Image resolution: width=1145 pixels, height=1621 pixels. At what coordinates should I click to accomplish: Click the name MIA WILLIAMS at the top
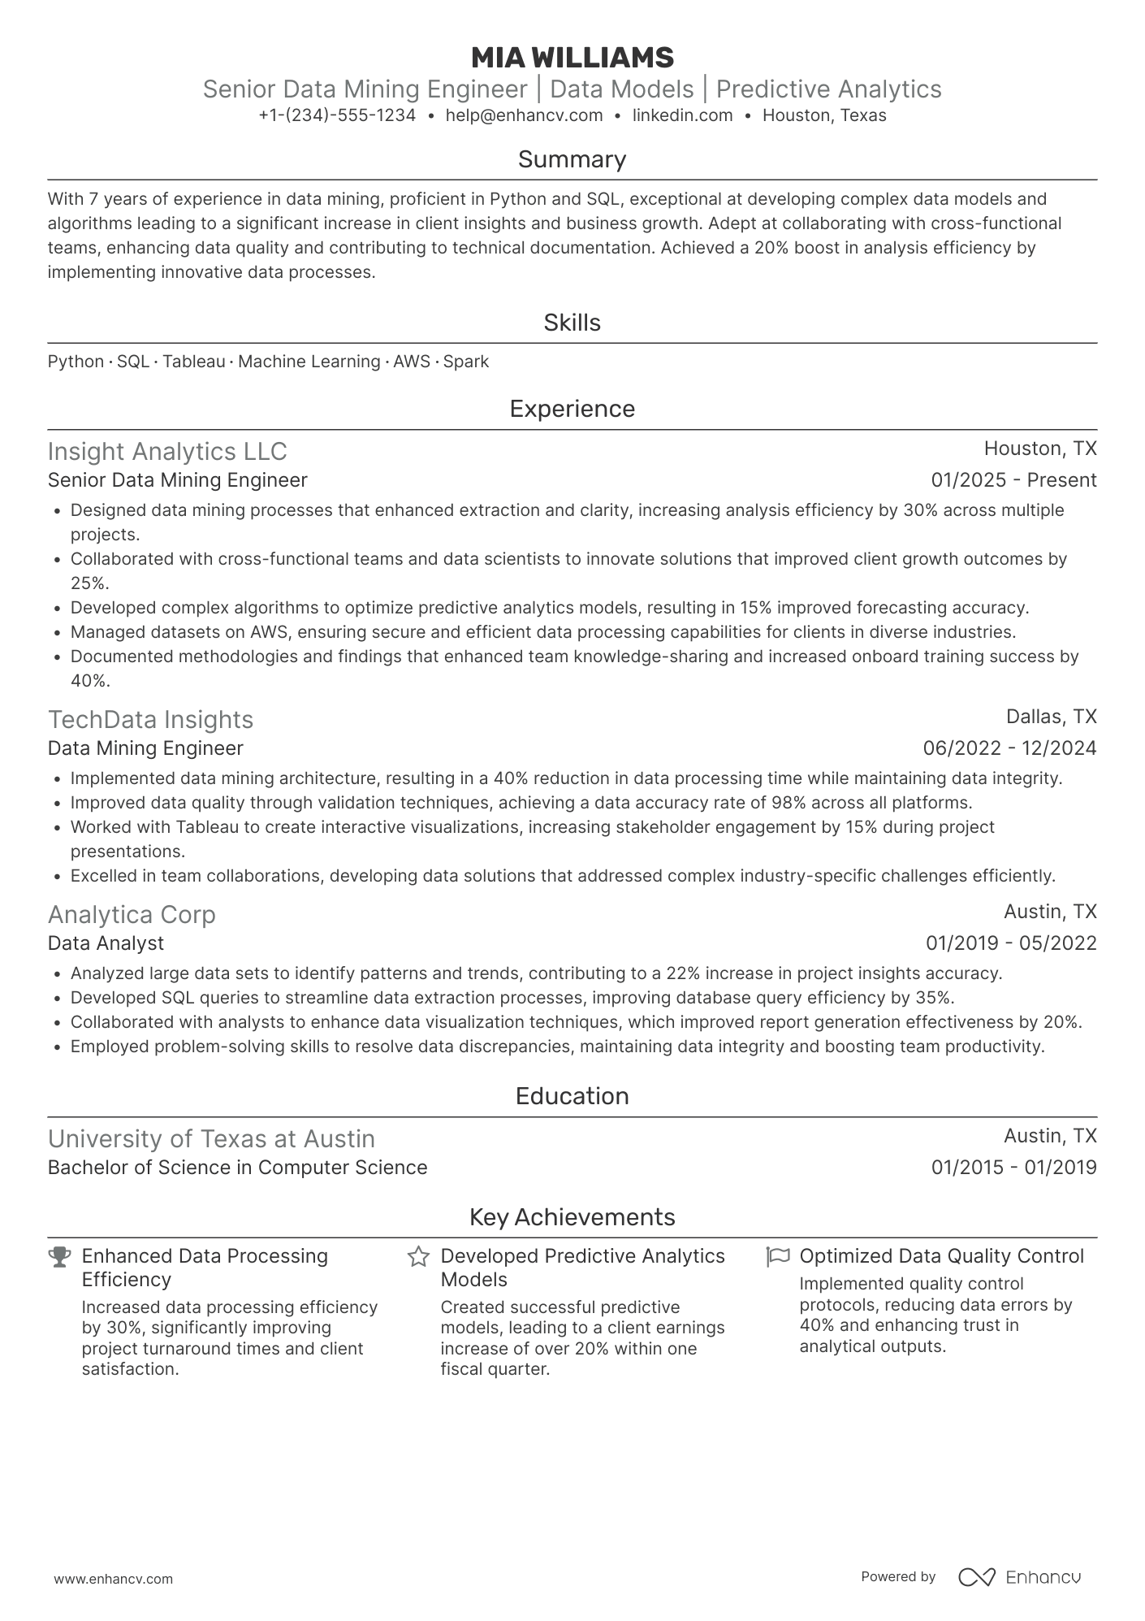tap(572, 58)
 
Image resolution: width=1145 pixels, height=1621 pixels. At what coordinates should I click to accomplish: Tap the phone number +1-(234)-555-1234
tap(337, 115)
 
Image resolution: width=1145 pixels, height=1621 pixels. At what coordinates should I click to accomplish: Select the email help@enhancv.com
tap(524, 115)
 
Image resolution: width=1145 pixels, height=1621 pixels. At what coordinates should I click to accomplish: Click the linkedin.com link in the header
tap(682, 115)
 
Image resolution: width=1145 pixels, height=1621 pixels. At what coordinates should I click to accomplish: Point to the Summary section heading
tap(572, 159)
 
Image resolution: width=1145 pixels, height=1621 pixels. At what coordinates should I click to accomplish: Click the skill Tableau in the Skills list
tap(193, 362)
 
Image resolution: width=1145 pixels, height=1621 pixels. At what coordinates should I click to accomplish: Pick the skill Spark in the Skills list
tap(466, 362)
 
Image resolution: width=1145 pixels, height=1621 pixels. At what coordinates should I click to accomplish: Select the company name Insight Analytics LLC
tap(167, 452)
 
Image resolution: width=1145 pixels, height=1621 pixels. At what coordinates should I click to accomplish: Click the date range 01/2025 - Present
tap(1013, 480)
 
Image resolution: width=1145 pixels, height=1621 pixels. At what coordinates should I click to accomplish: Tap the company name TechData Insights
tap(150, 720)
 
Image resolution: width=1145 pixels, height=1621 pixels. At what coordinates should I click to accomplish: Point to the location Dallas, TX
tap(1051, 717)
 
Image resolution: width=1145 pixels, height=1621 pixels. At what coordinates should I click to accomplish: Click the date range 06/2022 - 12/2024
tap(1009, 748)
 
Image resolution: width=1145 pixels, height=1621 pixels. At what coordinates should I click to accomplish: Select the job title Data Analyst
tap(106, 943)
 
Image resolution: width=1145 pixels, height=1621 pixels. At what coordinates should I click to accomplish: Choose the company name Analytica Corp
tap(132, 915)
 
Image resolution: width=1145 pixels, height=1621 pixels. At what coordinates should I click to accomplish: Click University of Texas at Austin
tap(211, 1139)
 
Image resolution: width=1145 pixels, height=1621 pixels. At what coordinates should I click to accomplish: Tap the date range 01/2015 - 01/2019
tap(1013, 1168)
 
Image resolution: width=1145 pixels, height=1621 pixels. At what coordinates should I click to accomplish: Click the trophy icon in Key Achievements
tap(59, 1257)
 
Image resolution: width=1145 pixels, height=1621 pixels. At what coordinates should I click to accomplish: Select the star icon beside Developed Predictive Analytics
tap(418, 1257)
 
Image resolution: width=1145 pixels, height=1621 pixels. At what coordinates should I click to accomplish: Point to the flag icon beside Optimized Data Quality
tap(777, 1257)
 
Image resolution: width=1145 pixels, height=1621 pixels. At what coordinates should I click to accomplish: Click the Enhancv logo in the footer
tap(1019, 1577)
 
